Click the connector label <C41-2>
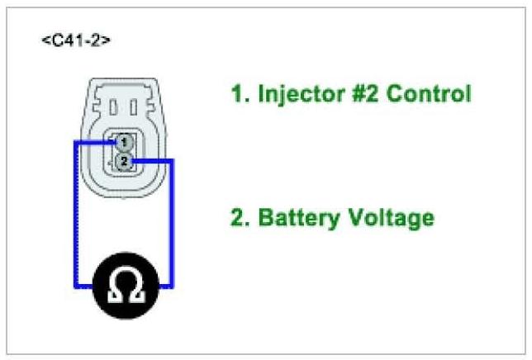pos(76,40)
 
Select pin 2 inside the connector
pos(122,160)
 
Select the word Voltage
pos(392,218)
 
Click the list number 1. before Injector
pos(240,93)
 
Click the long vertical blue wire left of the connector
pos(75,215)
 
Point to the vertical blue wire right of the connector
pos(172,223)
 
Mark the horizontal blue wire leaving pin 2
pos(152,160)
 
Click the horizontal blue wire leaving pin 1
pos(94,141)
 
